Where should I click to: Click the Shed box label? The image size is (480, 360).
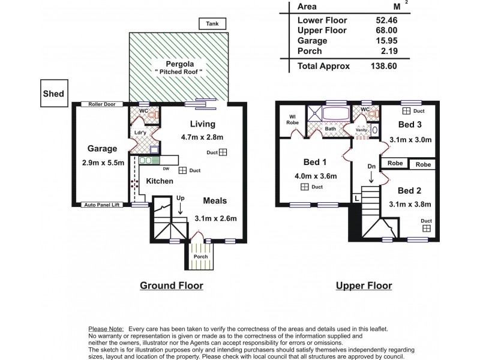pyautogui.click(x=53, y=94)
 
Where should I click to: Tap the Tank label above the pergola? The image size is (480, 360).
pyautogui.click(x=213, y=24)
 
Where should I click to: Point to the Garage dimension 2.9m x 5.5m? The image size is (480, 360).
pyautogui.click(x=103, y=163)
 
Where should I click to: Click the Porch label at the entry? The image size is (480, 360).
pyautogui.click(x=200, y=257)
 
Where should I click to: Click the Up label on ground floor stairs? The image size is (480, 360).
pyautogui.click(x=181, y=197)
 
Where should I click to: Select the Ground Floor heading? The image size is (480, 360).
pyautogui.click(x=172, y=286)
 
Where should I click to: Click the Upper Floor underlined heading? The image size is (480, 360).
pyautogui.click(x=365, y=286)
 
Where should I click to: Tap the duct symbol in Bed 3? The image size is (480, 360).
pyautogui.click(x=406, y=111)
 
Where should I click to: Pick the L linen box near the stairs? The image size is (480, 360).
pyautogui.click(x=356, y=197)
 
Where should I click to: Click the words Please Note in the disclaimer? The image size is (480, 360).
pyautogui.click(x=106, y=329)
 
